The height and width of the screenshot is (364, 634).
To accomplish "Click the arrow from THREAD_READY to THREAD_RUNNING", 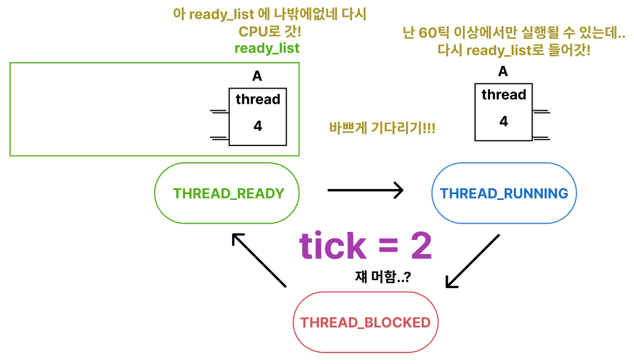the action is coord(365,190).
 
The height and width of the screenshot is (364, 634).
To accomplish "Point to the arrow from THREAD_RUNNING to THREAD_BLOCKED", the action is coord(473,261).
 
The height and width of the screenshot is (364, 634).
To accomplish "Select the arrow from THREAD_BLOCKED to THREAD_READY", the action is coord(259,260).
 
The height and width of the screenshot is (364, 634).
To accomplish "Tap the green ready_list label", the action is coord(267,48).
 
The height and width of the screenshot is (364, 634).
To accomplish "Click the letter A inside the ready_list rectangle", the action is coord(257,76).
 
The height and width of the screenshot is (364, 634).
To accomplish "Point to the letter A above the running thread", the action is coord(503,71).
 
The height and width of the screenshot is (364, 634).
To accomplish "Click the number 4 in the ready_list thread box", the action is coord(258,126).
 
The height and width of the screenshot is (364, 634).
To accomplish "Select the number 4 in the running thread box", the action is coord(504,121).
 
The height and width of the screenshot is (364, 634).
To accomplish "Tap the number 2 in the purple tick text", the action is coord(422,246).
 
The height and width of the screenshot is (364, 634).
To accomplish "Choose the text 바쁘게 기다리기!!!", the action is coord(382,128).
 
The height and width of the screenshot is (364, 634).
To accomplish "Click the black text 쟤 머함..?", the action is coord(383,276).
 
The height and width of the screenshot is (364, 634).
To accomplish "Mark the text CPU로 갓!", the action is coord(270,31).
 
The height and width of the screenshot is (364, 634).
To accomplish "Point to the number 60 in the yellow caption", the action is coord(428,32).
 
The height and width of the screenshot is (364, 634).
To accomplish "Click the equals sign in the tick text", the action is coord(389,246).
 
